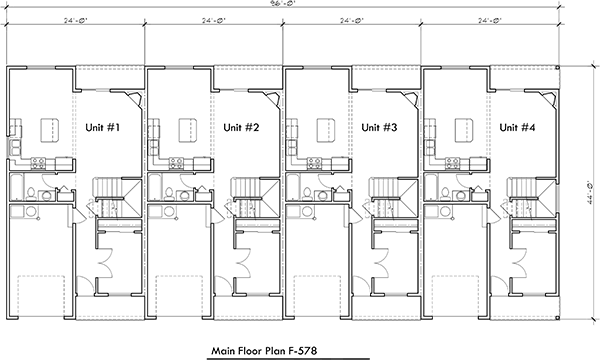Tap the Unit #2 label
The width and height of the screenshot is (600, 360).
(x=241, y=128)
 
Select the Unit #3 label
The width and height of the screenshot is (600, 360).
(x=379, y=128)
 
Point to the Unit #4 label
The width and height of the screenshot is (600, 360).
(x=517, y=128)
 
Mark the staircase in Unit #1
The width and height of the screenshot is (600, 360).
(x=105, y=190)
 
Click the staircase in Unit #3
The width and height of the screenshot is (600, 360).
(x=382, y=190)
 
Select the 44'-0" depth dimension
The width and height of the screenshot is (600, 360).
(x=592, y=200)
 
